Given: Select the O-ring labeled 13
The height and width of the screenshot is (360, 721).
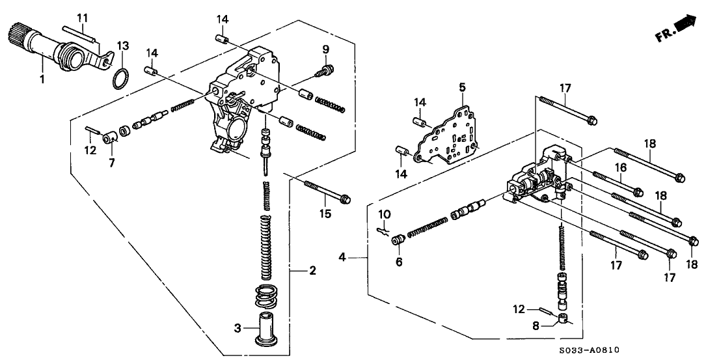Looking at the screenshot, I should [117, 79].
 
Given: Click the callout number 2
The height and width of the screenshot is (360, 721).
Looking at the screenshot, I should [313, 270].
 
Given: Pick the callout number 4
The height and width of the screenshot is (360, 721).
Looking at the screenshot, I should [342, 259].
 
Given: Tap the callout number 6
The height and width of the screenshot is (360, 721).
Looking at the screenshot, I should [399, 262].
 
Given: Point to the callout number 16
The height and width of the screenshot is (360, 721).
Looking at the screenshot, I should [621, 168].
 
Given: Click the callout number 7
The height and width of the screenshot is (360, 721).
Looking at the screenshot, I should [111, 163].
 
